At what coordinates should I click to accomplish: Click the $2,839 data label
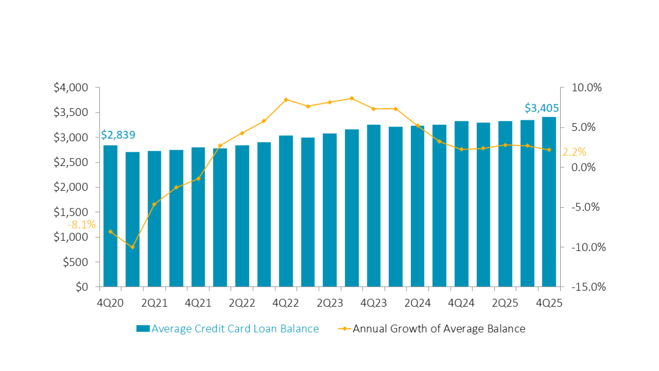[x=118, y=135]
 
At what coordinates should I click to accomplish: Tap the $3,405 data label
[x=542, y=108]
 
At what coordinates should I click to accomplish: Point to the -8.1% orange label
[x=81, y=225]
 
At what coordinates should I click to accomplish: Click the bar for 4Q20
[x=110, y=215]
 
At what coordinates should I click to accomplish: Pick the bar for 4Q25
[x=549, y=202]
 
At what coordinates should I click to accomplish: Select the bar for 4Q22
[x=286, y=211]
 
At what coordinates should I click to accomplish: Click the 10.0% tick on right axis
[x=587, y=87]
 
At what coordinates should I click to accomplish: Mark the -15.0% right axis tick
[x=589, y=287]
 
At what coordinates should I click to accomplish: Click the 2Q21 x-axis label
[x=154, y=302]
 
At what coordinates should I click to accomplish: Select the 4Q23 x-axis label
[x=373, y=302]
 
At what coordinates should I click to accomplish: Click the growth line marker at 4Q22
[x=286, y=99]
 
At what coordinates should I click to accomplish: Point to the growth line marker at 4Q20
[x=110, y=232]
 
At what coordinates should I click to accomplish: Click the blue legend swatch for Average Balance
[x=143, y=329]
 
